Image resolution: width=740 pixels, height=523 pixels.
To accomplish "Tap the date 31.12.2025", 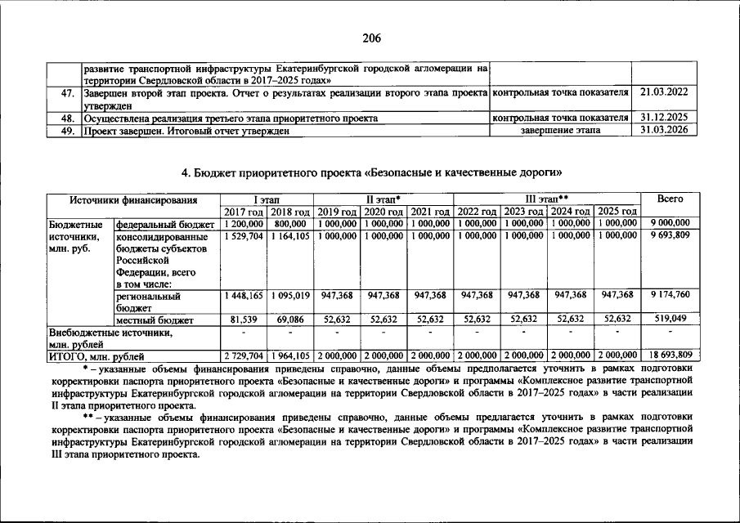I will click(x=664, y=118).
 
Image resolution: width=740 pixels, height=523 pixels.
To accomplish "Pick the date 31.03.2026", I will click(x=664, y=130).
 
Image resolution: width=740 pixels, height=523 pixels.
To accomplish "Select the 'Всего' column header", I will click(x=670, y=199).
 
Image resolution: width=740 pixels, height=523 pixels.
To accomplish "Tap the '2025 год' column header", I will click(x=617, y=212).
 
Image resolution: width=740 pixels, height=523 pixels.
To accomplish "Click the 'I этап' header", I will click(x=266, y=199).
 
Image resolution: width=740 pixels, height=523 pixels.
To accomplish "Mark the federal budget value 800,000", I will click(x=290, y=223).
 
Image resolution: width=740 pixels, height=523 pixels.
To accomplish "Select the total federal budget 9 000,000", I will click(x=670, y=223).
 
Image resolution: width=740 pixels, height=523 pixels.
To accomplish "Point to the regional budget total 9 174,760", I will click(x=670, y=295).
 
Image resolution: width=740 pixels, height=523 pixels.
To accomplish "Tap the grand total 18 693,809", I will click(x=670, y=355).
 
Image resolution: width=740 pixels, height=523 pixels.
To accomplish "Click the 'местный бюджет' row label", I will click(x=155, y=320).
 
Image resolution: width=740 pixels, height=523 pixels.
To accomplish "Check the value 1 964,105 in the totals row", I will click(x=290, y=355).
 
